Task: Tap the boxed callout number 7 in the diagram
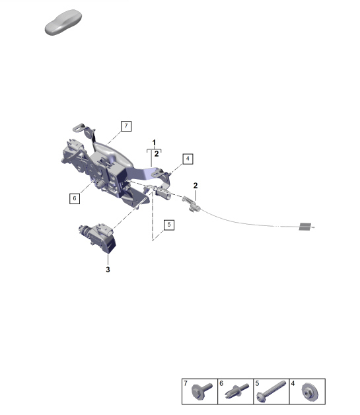coord(126,125)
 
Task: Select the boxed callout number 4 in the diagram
coord(188,159)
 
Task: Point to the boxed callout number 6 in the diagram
coord(75,197)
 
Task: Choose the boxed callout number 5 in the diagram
coord(169,225)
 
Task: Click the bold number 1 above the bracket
coord(154,143)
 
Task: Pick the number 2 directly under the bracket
coord(157,155)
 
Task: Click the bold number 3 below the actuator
coord(108,270)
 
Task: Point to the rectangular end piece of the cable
coord(305,227)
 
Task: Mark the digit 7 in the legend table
coord(186,384)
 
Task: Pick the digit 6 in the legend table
coord(222,384)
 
